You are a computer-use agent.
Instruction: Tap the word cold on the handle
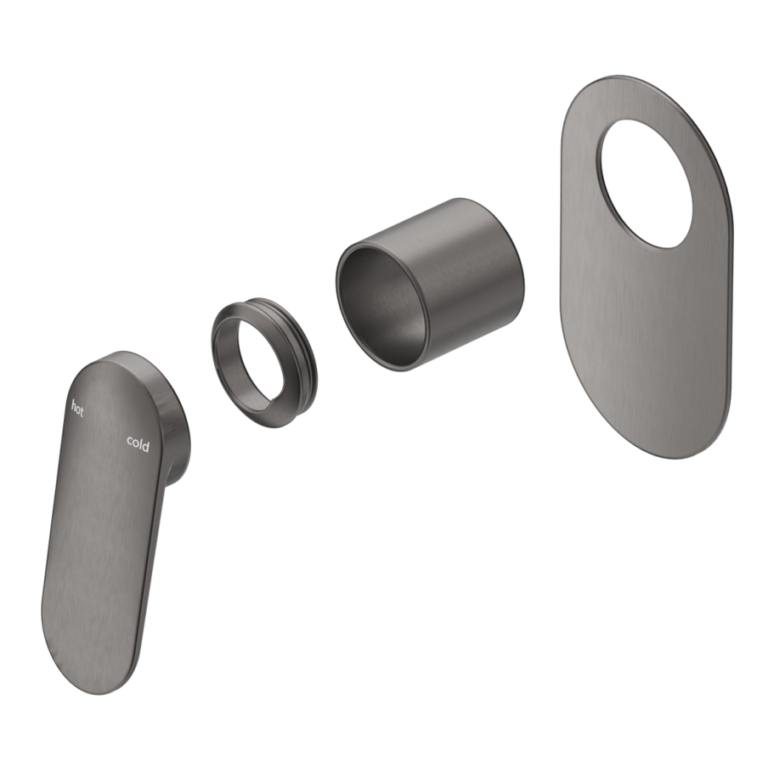point(138,443)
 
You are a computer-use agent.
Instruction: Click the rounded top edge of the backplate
point(629,81)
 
